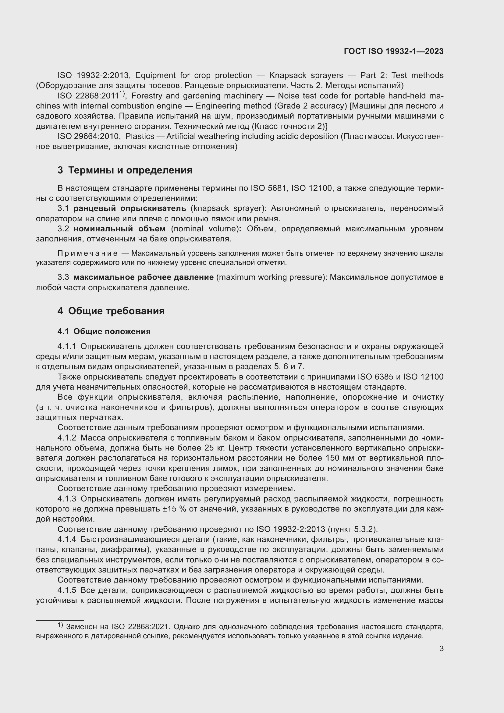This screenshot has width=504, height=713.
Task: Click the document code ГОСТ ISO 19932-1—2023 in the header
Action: pos(393,51)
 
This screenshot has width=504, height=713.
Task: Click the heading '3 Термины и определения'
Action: pos(125,170)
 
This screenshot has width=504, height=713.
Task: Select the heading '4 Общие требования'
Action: pos(111,311)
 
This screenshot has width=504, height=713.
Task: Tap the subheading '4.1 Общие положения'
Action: pos(104,331)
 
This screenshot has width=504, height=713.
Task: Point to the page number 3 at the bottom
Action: pos(441,649)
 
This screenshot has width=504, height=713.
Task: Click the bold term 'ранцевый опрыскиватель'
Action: pos(130,209)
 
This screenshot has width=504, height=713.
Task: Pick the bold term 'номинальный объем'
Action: pos(119,229)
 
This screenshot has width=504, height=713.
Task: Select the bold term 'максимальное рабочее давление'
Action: pos(144,277)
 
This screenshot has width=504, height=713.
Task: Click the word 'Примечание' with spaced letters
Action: pos(87,253)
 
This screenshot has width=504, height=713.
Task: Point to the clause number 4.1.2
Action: pos(67,438)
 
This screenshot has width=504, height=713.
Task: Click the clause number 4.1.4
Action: pos(67,540)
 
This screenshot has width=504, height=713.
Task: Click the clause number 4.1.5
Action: pos(67,590)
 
